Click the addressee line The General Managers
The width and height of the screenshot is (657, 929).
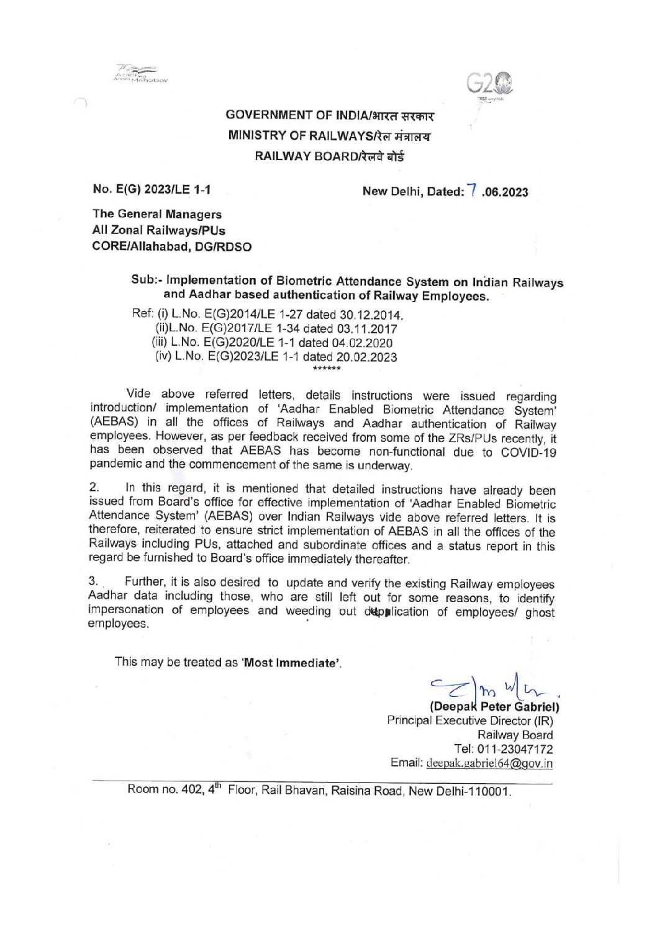[x=156, y=214]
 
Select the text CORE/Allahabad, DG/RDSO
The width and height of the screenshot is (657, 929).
[x=171, y=246]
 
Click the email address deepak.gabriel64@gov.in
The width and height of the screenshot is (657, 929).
[x=489, y=763]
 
